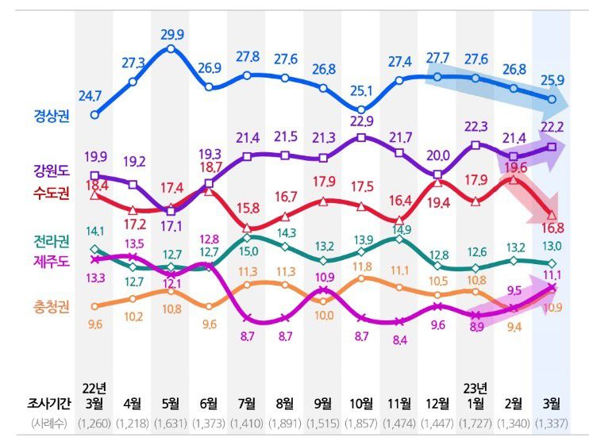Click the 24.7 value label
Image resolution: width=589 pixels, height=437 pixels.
click(96, 97)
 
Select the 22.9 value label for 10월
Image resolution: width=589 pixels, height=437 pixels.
click(363, 121)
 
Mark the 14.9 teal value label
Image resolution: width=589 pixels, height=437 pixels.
click(399, 229)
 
